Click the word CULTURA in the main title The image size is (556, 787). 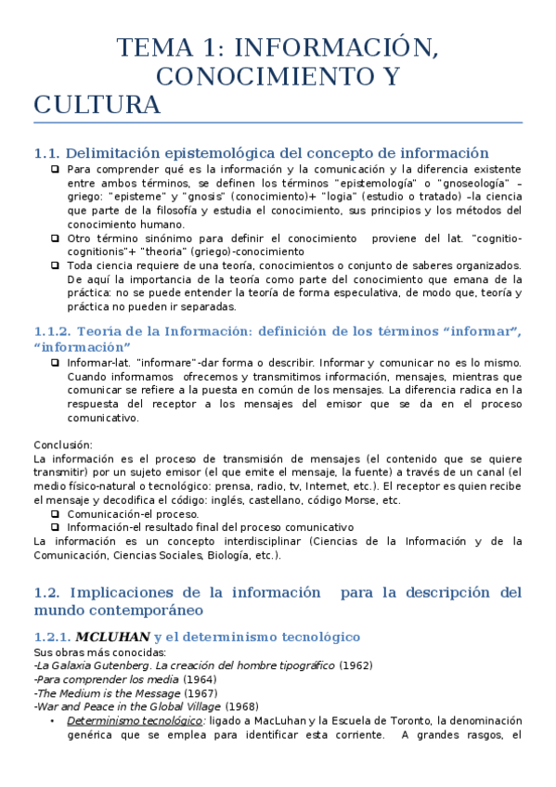(97, 105)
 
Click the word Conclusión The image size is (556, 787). (63, 445)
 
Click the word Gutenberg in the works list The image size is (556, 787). (116, 665)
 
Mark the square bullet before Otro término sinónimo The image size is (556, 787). (57, 238)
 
